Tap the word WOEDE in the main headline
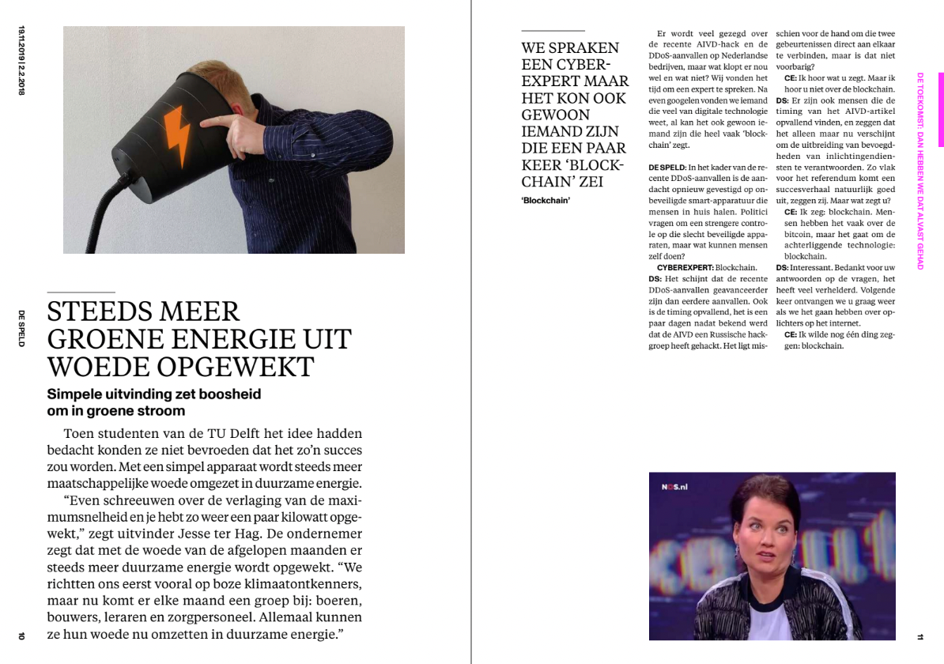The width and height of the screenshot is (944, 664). coord(89,367)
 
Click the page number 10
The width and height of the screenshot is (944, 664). coord(22,635)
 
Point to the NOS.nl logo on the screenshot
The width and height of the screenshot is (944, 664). coord(674,487)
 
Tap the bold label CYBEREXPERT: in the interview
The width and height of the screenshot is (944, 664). coord(685,268)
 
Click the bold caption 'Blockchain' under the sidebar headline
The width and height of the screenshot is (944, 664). coord(546,200)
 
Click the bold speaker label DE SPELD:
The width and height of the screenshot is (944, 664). coord(667,168)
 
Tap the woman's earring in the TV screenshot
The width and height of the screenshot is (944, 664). coord(738,551)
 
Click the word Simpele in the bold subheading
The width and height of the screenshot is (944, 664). coord(77,394)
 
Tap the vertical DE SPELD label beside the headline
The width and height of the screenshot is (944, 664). coord(22,329)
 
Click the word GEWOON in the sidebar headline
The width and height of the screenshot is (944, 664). coord(555,115)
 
